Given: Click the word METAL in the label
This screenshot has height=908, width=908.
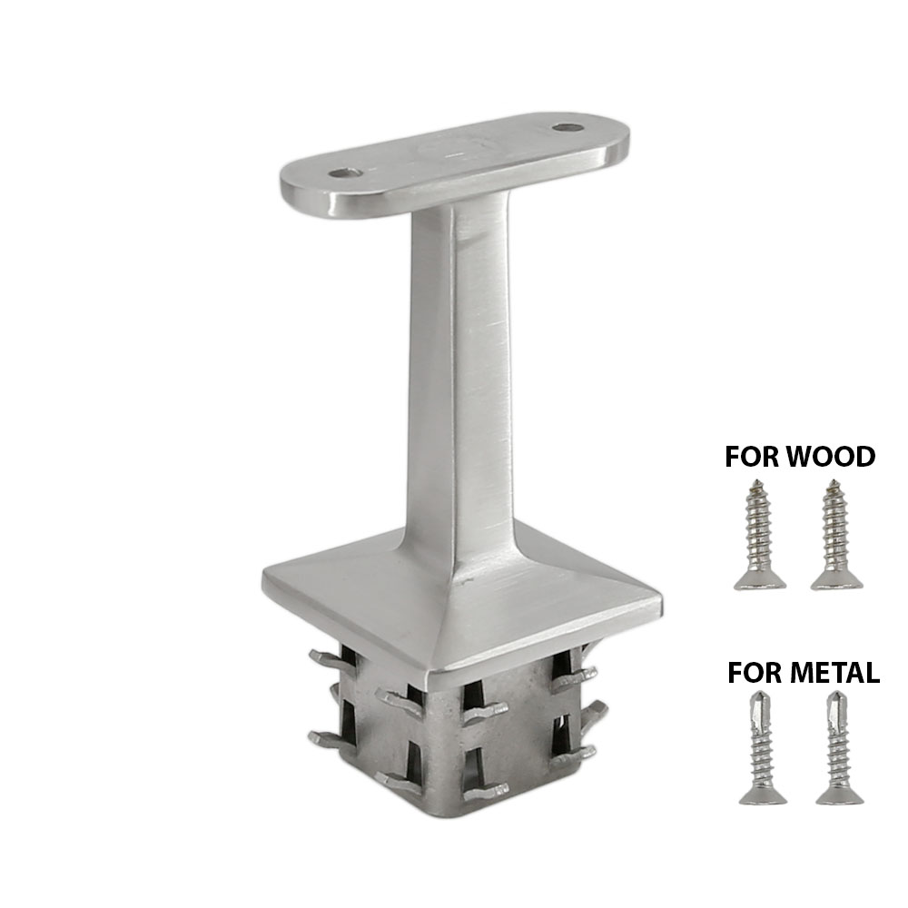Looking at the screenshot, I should coord(833,673).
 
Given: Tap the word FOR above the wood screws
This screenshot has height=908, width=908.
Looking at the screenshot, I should coord(752,456).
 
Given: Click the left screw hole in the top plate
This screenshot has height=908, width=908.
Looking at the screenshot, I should coord(342,173).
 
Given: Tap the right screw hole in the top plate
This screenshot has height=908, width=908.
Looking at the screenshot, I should coord(569,129).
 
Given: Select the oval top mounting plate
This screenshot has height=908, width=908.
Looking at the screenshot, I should coord(454,163).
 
